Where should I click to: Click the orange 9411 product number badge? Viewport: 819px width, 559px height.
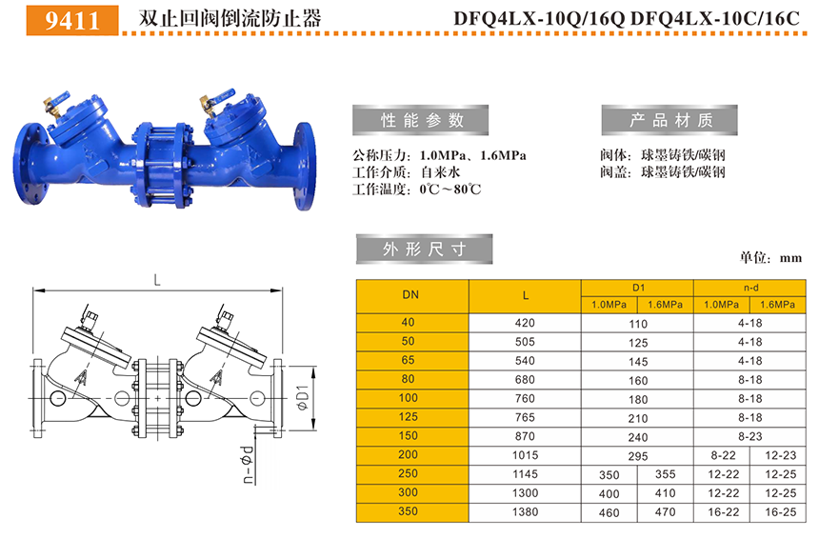[72, 20]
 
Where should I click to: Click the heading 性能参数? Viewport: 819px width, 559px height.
[421, 120]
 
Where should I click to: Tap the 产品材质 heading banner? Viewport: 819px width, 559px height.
[669, 120]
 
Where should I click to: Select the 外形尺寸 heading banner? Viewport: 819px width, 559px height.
[424, 250]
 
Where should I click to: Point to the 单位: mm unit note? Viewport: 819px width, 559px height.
[770, 257]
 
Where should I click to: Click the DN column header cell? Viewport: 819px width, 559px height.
[412, 296]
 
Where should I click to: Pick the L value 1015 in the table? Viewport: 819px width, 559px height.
[525, 455]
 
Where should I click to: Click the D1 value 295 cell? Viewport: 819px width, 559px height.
[638, 456]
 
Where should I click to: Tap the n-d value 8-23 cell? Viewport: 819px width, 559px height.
[750, 436]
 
